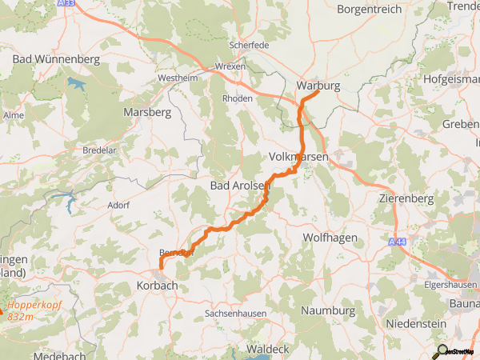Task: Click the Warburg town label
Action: (318, 85)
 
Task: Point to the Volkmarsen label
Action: (298, 158)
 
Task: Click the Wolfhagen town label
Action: (330, 238)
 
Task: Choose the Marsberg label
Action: (147, 113)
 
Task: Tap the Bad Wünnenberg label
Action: (56, 59)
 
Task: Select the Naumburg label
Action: (328, 310)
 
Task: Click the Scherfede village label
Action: (249, 46)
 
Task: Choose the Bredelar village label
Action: (100, 150)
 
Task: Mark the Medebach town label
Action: (61, 355)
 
